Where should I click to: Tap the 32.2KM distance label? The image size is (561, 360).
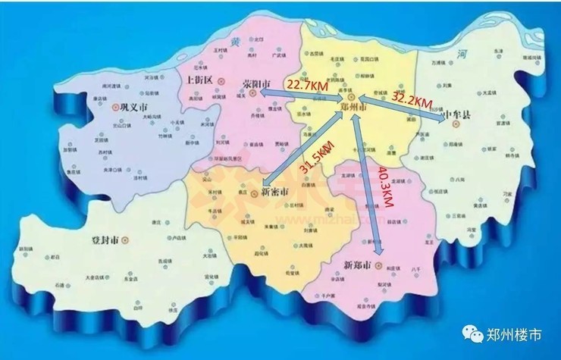[x=412, y=99]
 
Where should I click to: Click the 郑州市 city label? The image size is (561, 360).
[x=353, y=110]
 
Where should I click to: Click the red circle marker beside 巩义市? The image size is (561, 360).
[x=116, y=108]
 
